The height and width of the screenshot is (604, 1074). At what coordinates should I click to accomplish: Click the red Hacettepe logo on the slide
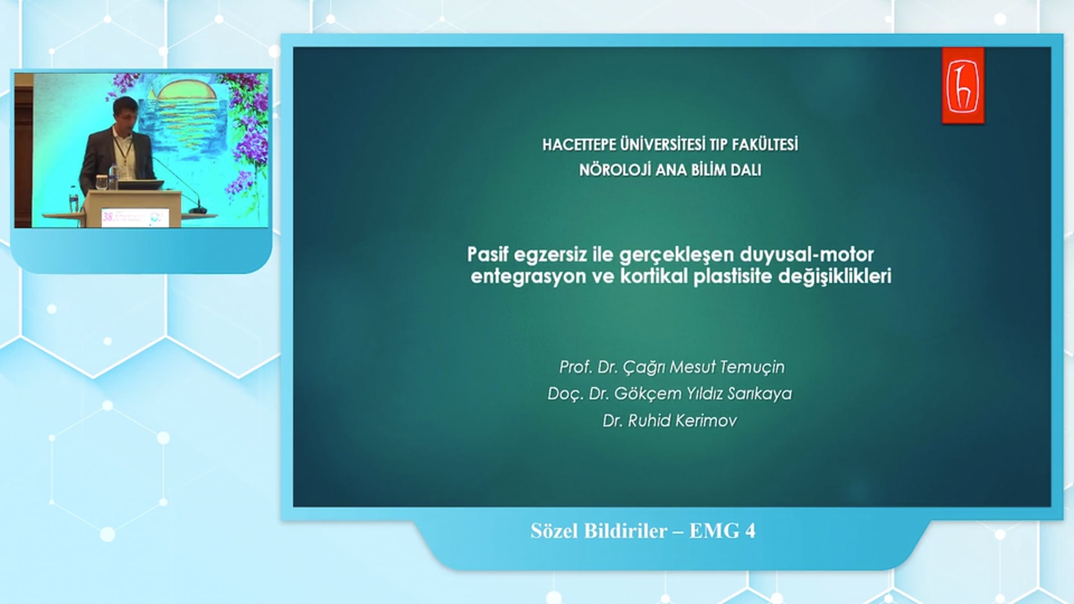coord(963,85)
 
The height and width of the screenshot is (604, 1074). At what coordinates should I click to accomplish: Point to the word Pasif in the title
coord(488,254)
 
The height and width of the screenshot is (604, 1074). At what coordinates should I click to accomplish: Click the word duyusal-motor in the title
coord(806,254)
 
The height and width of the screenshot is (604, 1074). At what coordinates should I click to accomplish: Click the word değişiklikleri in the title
coord(835,276)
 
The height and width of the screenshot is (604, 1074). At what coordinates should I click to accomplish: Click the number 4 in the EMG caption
coord(750,531)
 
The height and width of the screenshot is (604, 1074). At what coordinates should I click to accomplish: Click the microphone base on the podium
coord(197,210)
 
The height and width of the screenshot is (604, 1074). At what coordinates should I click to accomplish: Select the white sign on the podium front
coord(135,217)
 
